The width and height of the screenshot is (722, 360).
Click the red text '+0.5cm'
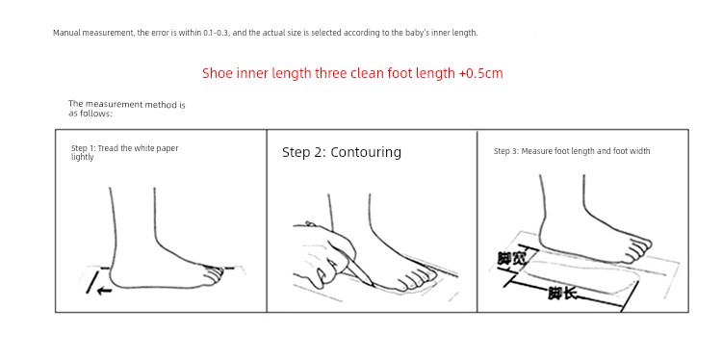480,73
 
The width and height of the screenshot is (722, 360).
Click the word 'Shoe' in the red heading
218,73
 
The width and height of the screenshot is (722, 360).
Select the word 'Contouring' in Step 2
366,152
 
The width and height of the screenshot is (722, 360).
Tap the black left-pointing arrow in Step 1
105,291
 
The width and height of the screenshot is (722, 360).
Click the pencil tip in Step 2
373,285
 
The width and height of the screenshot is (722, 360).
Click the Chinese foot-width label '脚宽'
511,259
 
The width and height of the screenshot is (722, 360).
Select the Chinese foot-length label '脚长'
562,294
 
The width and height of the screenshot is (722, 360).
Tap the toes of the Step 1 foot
214,275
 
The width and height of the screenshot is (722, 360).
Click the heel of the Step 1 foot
116,276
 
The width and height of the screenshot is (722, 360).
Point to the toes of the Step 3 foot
639,249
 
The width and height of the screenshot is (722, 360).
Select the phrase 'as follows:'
90,114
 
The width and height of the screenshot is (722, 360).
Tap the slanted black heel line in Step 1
92,282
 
